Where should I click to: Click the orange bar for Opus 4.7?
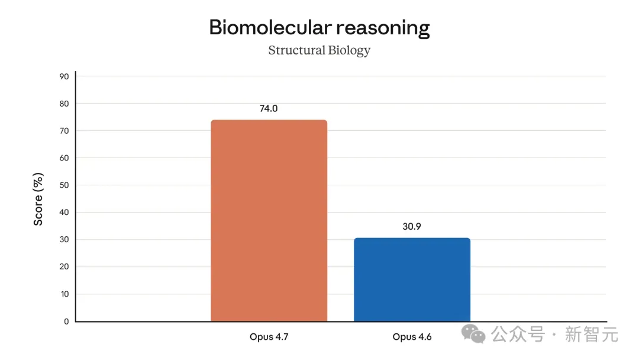tap(269, 220)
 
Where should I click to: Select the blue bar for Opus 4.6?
tap(412, 279)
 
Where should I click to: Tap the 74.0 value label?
tap(269, 109)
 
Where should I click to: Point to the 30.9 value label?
tap(412, 226)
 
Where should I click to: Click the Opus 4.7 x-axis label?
tap(269, 337)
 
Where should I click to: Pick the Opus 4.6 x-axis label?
tap(412, 337)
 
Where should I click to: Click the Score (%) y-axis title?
tap(38, 199)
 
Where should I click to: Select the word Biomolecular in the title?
tap(269, 27)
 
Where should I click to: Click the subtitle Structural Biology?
tap(319, 50)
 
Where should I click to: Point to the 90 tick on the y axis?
tap(64, 76)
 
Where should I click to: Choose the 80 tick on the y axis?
tap(64, 104)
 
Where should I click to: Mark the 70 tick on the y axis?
tap(64, 131)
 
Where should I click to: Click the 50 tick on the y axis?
tap(64, 185)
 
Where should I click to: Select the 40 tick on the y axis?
tap(64, 213)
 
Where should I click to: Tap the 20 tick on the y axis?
tap(64, 267)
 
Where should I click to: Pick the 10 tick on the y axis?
tap(64, 294)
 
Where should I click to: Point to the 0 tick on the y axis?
tap(66, 322)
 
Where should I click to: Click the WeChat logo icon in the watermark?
tap(473, 334)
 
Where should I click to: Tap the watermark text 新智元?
tap(591, 335)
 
